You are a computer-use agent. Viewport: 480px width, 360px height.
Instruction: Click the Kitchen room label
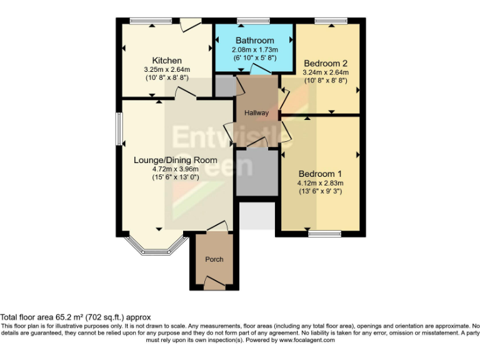pyautogui.click(x=167, y=60)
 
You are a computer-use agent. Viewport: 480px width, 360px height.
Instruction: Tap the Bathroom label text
pyautogui.click(x=255, y=41)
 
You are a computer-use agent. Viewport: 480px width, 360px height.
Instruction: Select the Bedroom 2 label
pyautogui.click(x=325, y=63)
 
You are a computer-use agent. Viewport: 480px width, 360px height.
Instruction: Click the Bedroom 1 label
pyautogui.click(x=320, y=173)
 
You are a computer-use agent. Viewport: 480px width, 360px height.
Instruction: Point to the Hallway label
pyautogui.click(x=256, y=113)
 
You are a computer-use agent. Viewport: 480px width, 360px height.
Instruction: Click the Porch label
pyautogui.click(x=214, y=259)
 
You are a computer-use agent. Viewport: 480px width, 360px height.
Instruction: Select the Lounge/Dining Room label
pyautogui.click(x=166, y=159)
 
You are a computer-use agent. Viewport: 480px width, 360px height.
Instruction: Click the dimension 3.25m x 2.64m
pyautogui.click(x=167, y=69)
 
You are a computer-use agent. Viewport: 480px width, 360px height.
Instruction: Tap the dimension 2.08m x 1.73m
pyautogui.click(x=255, y=49)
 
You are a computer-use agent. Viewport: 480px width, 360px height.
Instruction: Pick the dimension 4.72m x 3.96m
pyautogui.click(x=166, y=169)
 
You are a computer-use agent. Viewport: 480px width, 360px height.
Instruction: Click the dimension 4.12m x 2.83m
pyautogui.click(x=320, y=183)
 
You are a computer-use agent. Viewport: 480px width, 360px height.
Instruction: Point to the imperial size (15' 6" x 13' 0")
pyautogui.click(x=166, y=177)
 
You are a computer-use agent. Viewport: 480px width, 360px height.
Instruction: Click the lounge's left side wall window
pyautogui.click(x=119, y=129)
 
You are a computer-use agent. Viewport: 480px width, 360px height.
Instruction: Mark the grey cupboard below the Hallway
pyautogui.click(x=256, y=172)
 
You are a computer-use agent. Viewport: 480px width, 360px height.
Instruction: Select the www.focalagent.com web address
pyautogui.click(x=307, y=340)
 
